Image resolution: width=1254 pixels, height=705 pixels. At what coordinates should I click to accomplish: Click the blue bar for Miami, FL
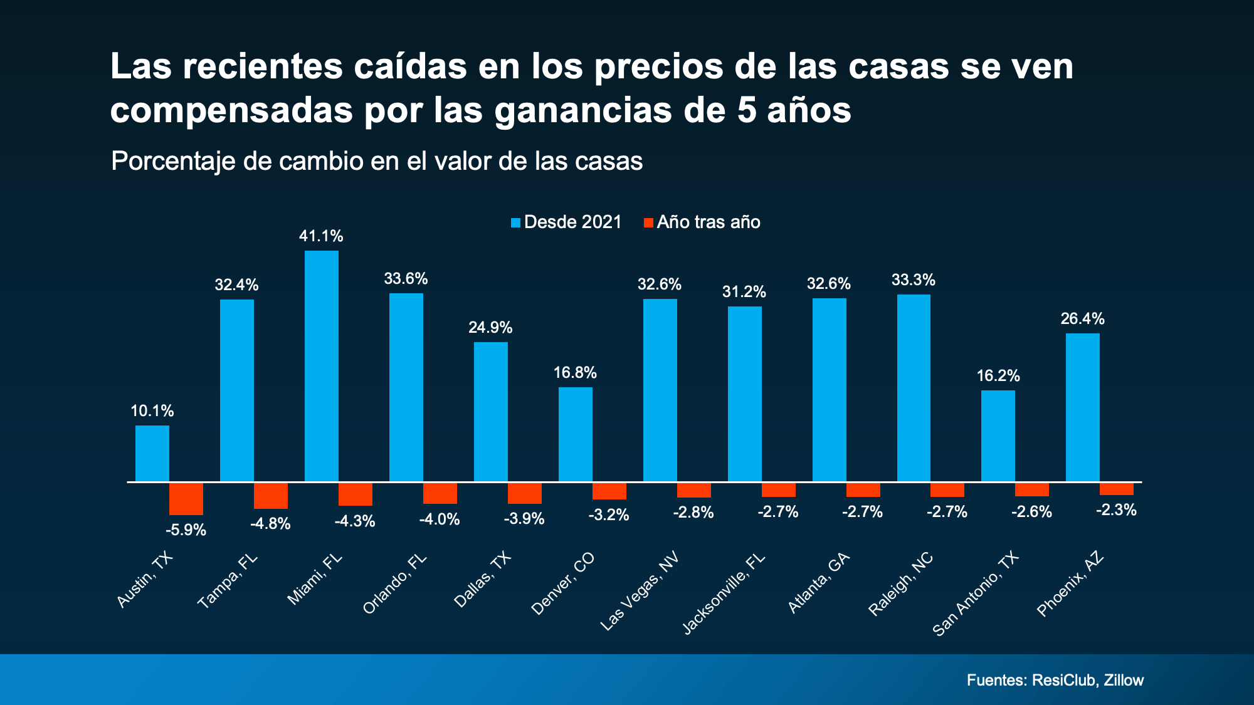coord(321,367)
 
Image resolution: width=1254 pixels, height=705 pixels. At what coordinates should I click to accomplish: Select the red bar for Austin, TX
coord(186,499)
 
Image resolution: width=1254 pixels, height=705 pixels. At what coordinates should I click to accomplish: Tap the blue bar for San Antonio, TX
coord(998,436)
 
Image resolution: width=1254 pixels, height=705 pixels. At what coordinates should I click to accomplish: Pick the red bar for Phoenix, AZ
coord(1116,489)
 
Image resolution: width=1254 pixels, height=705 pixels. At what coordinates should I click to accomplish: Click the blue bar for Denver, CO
coord(575,434)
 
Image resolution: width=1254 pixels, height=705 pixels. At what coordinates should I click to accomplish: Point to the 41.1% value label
coord(321,236)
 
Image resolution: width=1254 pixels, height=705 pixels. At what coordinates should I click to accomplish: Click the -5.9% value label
coord(186,530)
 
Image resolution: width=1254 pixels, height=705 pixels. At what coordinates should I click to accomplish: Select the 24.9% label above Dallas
coord(490,327)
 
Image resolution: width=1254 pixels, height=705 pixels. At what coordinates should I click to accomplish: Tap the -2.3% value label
coord(1116,510)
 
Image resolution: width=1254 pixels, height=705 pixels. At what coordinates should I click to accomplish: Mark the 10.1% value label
coord(152,411)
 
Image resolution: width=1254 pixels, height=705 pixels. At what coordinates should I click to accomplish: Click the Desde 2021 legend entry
coord(566,222)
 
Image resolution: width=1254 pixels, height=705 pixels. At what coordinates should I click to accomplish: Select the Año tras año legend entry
coord(702,222)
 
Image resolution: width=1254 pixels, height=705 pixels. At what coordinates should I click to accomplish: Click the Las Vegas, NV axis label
coord(640,592)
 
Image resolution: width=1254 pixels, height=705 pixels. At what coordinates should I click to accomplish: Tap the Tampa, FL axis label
coord(228,582)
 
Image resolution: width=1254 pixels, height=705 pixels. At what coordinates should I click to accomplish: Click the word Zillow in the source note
coord(1124,680)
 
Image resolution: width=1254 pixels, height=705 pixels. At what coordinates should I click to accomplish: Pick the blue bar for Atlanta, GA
coord(829,390)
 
